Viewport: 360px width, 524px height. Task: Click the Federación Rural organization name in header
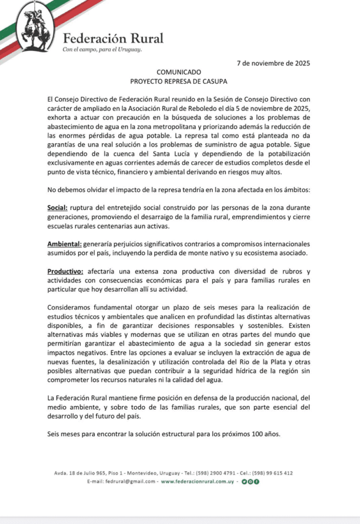point(113,38)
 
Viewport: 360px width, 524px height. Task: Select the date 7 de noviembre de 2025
point(273,63)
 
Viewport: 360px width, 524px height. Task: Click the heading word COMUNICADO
point(178,72)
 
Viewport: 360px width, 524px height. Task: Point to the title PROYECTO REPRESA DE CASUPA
point(178,81)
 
